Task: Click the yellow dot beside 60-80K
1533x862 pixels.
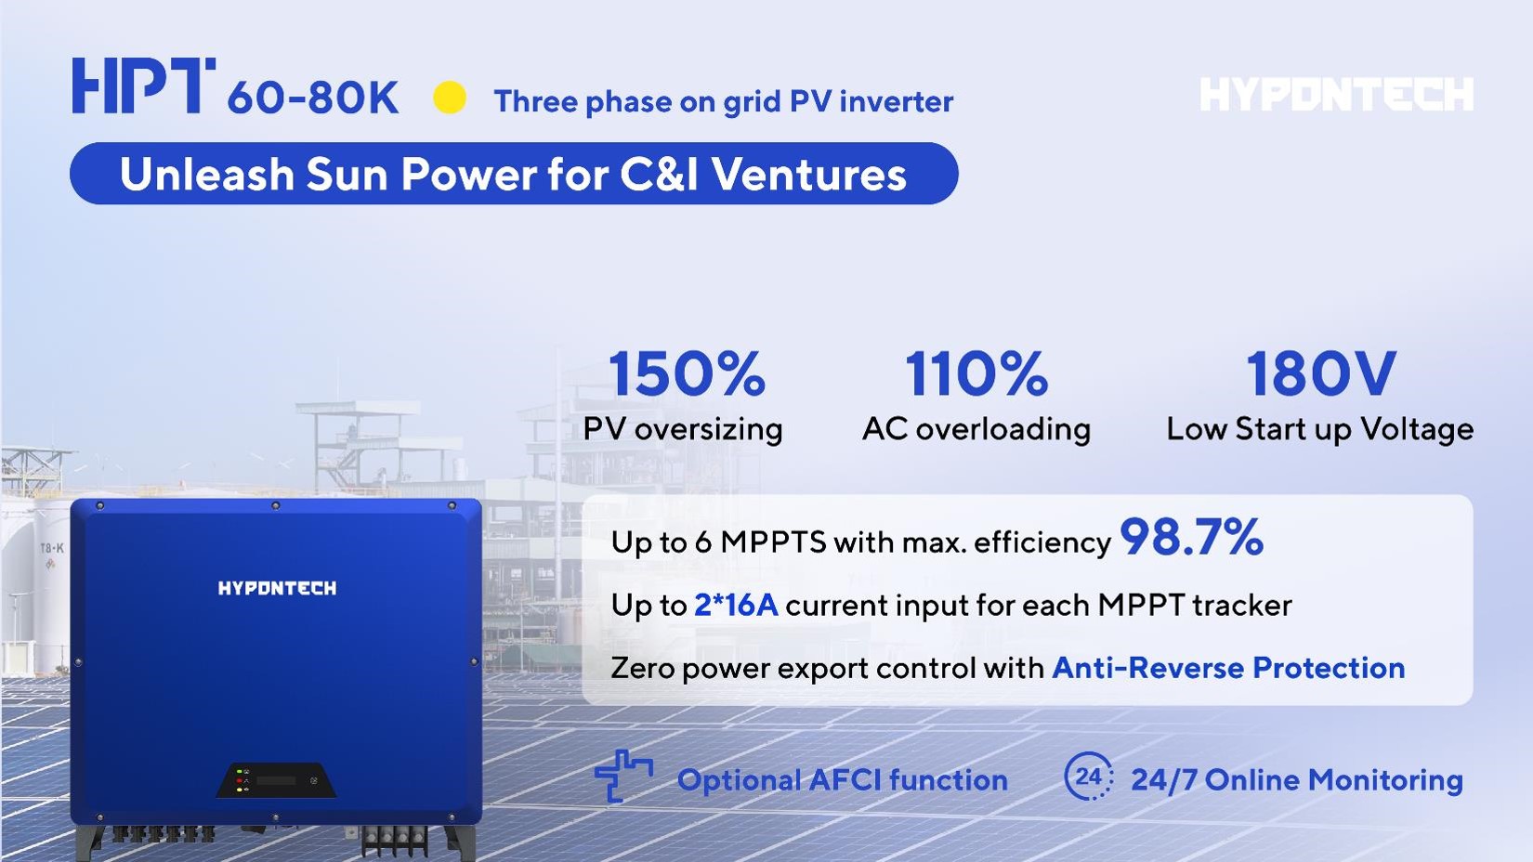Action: pos(450,98)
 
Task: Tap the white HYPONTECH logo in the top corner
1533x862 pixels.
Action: pos(1337,95)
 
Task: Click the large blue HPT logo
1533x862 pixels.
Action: pos(144,85)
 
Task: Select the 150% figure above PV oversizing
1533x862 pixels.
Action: pos(687,373)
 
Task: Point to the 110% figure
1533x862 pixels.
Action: pos(976,373)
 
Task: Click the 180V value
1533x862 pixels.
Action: pos(1321,373)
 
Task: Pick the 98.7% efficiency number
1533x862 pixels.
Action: pos(1191,537)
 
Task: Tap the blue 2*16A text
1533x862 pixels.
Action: pos(736,606)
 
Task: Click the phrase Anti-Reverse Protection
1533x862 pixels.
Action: pos(1228,668)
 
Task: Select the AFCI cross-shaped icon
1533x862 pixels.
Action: pos(622,776)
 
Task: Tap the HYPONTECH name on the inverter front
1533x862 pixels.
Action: pos(277,588)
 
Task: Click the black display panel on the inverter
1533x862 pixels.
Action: pos(277,780)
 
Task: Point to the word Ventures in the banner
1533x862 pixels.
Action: pos(809,175)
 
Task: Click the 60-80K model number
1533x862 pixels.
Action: pos(313,98)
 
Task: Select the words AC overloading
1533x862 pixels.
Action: pos(976,430)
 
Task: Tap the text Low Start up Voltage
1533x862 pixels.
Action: pos(1320,430)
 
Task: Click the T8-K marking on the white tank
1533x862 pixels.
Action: pos(51,548)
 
